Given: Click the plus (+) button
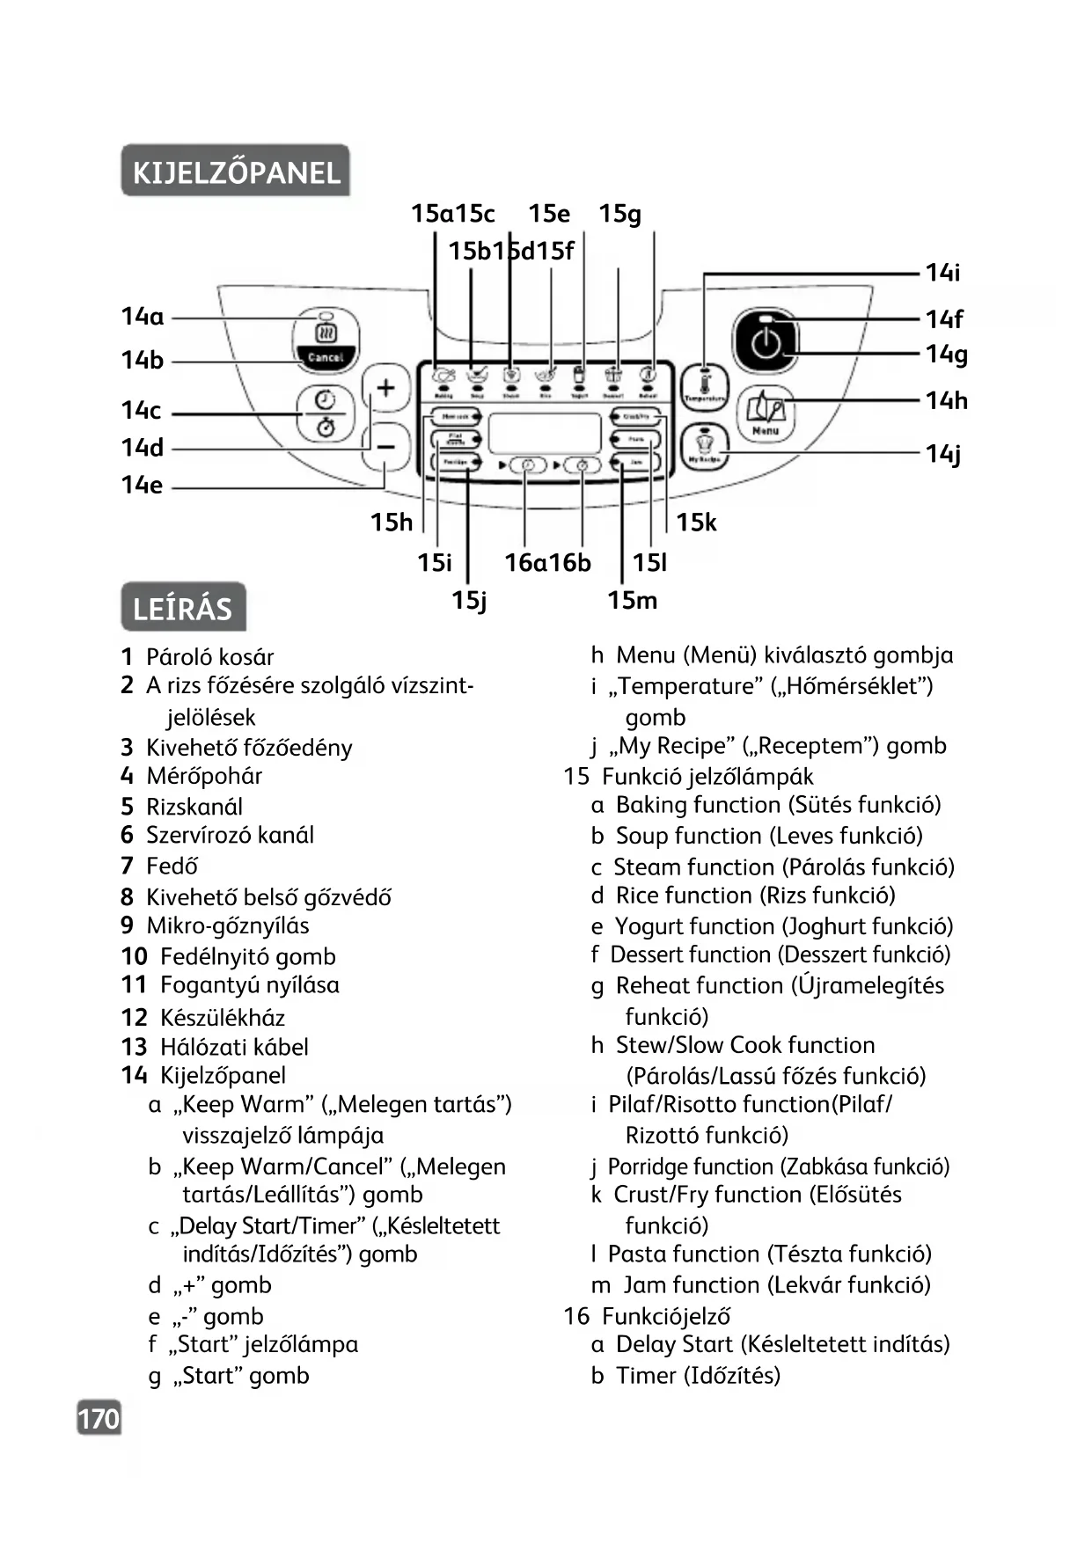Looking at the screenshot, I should [x=385, y=388].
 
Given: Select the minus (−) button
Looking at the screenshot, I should [x=385, y=447].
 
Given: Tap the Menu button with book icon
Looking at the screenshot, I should [x=766, y=413].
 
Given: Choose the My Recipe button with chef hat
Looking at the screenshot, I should [x=704, y=447].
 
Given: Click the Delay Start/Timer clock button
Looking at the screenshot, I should [x=326, y=413].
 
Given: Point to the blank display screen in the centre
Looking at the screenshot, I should [x=544, y=433].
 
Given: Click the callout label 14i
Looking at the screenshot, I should [x=942, y=273].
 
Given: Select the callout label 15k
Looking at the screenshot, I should [x=696, y=523].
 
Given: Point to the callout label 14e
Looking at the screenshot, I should [x=142, y=485].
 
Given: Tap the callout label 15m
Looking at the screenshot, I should [x=632, y=601].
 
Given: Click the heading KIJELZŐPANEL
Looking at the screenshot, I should [x=236, y=172].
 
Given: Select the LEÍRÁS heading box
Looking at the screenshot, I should [x=183, y=608].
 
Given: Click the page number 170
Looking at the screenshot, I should [x=99, y=1419].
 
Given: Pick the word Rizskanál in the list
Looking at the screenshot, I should [x=194, y=807].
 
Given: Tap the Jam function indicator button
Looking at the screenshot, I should [x=635, y=462].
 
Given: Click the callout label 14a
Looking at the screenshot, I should [x=143, y=317].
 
